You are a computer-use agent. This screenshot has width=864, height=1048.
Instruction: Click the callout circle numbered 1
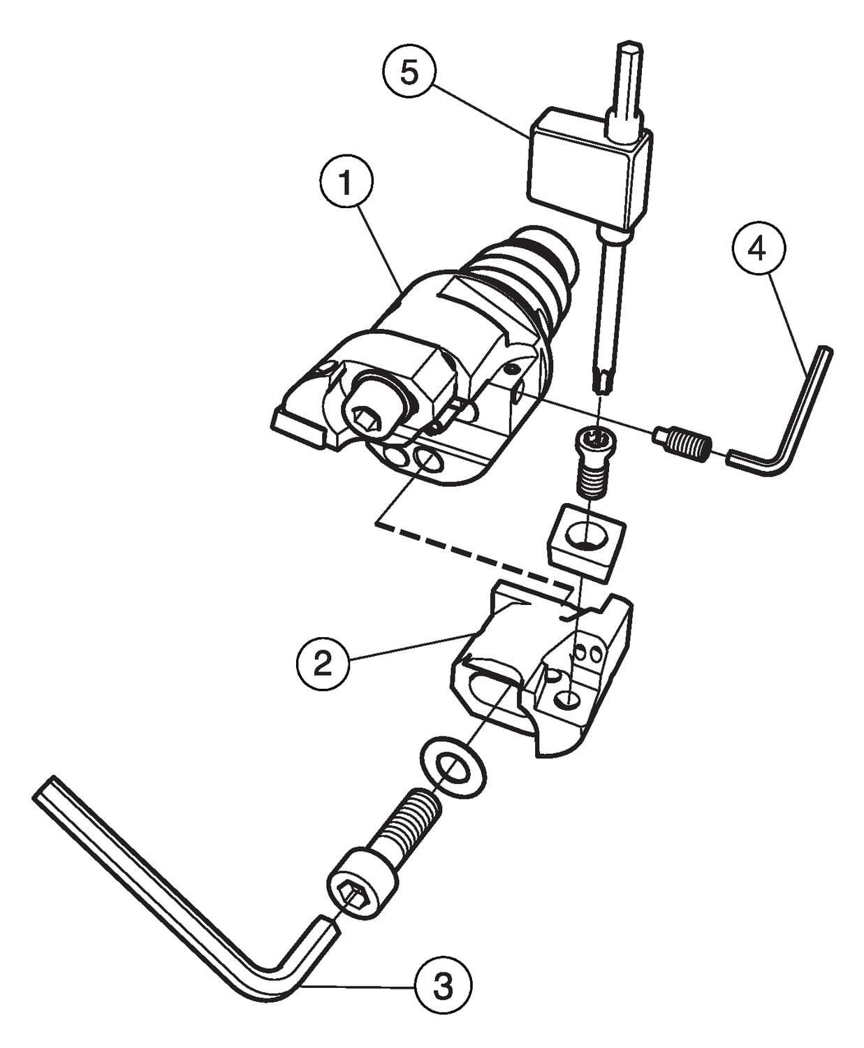tap(346, 182)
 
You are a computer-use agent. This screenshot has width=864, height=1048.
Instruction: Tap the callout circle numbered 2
tap(323, 663)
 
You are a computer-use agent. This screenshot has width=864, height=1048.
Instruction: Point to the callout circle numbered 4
tap(758, 249)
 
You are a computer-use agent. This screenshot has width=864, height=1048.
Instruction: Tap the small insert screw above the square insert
tap(595, 461)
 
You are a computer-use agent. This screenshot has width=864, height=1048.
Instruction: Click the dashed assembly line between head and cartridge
tap(474, 555)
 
